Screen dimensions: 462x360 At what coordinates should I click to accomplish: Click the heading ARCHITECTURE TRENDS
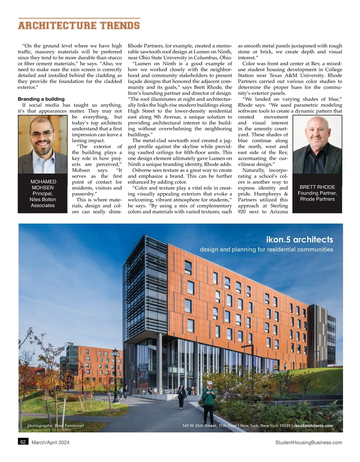[x=79, y=25]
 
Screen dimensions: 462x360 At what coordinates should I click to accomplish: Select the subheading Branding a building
[x=41, y=99]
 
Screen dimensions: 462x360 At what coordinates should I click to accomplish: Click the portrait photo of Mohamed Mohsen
[x=43, y=145]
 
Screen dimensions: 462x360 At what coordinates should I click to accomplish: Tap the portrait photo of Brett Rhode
[x=317, y=145]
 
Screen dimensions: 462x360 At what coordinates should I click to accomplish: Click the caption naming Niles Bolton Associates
[x=43, y=199]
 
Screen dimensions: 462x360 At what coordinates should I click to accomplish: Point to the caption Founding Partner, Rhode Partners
[x=317, y=196]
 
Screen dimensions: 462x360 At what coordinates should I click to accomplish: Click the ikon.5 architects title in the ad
[x=299, y=240]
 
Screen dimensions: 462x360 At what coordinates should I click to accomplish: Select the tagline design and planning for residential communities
[x=266, y=249]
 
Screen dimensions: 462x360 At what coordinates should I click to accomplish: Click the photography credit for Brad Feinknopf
[x=55, y=426]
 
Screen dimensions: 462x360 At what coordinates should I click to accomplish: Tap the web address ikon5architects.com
[x=313, y=426]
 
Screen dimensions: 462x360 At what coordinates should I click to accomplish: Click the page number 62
[x=23, y=442]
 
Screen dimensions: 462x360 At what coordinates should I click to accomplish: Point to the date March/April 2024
[x=50, y=442]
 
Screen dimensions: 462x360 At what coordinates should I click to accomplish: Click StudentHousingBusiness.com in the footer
[x=308, y=442]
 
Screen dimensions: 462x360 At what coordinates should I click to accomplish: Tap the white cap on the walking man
[x=210, y=383]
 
